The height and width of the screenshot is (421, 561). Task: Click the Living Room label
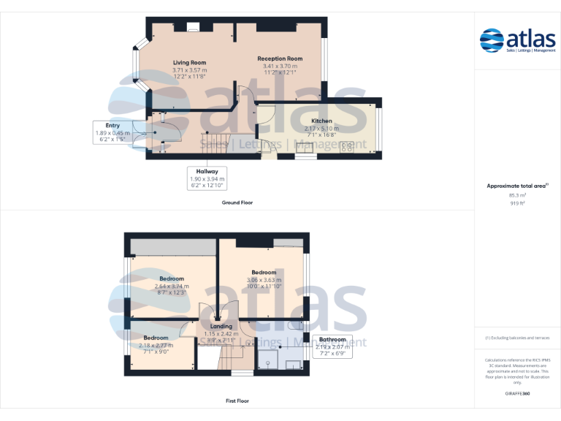[x=189, y=64]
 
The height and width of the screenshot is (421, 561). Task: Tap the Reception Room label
[x=280, y=58]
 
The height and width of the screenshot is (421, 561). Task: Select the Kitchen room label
[x=321, y=121]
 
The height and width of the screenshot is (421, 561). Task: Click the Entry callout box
[x=112, y=132]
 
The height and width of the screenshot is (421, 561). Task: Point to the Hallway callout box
[x=207, y=178]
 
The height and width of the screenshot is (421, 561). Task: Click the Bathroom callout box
[x=332, y=346]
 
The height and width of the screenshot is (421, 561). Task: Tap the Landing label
[x=221, y=326]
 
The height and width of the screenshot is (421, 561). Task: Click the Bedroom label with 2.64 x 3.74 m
[x=172, y=278]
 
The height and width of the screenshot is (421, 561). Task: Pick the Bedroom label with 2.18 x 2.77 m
[x=156, y=338]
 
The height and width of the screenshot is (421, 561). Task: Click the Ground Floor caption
[x=237, y=202]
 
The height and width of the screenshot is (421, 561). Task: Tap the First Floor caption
[x=237, y=401]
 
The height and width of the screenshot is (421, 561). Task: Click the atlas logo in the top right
[x=517, y=40]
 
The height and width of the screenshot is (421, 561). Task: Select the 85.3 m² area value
[x=516, y=195]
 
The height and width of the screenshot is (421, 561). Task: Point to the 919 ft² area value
[x=516, y=203]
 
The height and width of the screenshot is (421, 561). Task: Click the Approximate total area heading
[x=516, y=186]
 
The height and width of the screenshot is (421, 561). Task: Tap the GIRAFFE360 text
[x=516, y=393]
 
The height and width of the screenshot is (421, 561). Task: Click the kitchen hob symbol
[x=347, y=147]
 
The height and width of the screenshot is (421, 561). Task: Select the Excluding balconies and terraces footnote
[x=517, y=338]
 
